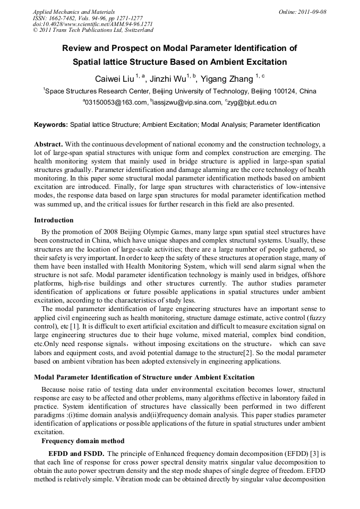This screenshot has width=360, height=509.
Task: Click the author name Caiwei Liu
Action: coord(114,79)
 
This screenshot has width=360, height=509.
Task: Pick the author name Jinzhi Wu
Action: coord(168,79)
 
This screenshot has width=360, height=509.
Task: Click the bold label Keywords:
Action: coord(51,125)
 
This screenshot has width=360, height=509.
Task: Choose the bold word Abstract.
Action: coord(48,144)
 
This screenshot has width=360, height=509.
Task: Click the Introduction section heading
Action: coord(54,220)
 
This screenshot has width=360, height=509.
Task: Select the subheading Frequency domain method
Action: coord(83,441)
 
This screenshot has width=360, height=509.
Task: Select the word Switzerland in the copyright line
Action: coord(135,30)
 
